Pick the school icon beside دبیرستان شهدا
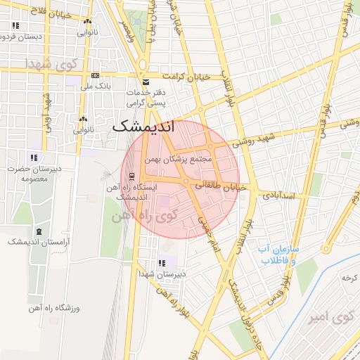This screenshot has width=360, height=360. pos(162,264)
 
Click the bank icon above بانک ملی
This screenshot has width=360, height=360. pos(96,76)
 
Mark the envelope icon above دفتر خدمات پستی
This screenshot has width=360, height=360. pos(146,82)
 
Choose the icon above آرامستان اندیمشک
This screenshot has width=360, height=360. pos(38,231)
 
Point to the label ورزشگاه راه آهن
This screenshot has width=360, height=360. pos(55,307)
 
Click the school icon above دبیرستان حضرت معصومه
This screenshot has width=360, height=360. pos(33,157)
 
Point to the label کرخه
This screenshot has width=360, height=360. pos(349,278)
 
